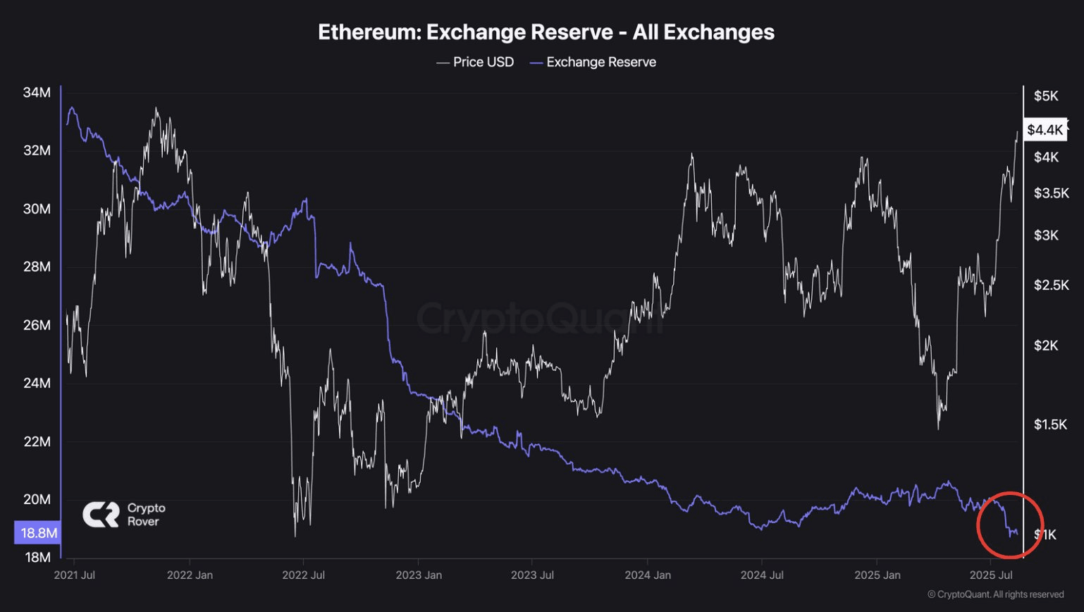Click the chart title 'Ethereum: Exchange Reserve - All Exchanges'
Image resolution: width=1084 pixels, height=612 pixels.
tap(546, 32)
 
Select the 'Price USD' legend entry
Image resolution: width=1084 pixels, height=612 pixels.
tap(475, 62)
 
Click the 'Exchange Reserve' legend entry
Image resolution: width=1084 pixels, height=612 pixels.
tap(593, 62)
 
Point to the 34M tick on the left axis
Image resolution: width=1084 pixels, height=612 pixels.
tap(37, 92)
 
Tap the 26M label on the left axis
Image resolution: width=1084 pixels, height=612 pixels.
tap(37, 325)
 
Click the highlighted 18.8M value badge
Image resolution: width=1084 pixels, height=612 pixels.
tap(38, 532)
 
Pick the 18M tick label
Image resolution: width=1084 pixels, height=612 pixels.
tap(37, 557)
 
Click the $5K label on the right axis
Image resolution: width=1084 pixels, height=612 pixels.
tap(1046, 96)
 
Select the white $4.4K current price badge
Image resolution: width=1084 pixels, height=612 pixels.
tap(1045, 129)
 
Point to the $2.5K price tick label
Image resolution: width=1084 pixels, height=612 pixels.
tap(1051, 285)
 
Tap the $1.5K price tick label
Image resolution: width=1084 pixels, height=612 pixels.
tap(1050, 424)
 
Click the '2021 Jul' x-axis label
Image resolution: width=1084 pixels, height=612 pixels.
tap(74, 575)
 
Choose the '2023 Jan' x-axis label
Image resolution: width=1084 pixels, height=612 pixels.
tap(419, 575)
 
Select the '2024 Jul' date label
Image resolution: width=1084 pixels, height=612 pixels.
tap(762, 575)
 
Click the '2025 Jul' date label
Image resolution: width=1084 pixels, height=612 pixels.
tap(991, 575)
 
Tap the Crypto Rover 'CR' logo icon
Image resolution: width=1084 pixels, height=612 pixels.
tap(101, 514)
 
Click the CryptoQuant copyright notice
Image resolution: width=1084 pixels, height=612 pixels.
tap(995, 594)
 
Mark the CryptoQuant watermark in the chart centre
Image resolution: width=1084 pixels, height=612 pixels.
tap(540, 319)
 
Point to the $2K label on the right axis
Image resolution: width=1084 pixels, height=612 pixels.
tap(1046, 345)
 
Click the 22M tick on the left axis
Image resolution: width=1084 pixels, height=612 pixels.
tap(37, 441)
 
